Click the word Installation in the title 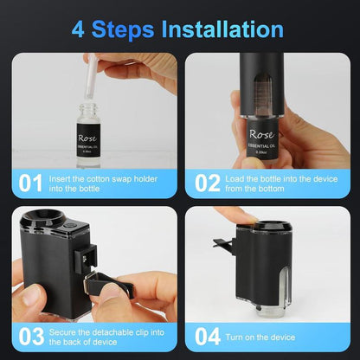(x=221, y=29)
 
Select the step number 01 (x=30, y=183)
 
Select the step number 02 (x=208, y=183)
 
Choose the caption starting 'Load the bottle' (x=281, y=183)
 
